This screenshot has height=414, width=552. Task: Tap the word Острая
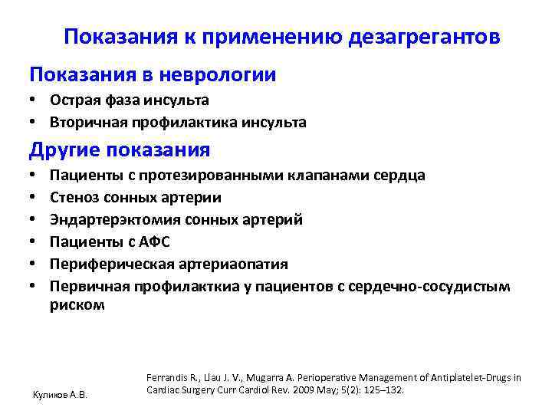tap(75, 100)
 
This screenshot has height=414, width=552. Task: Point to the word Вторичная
tap(84, 122)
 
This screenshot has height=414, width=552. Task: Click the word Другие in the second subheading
tap(65, 149)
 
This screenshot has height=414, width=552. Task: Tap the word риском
tap(77, 304)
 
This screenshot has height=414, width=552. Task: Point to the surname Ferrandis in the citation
tap(167, 377)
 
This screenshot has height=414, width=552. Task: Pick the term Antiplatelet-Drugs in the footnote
tap(474, 377)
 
